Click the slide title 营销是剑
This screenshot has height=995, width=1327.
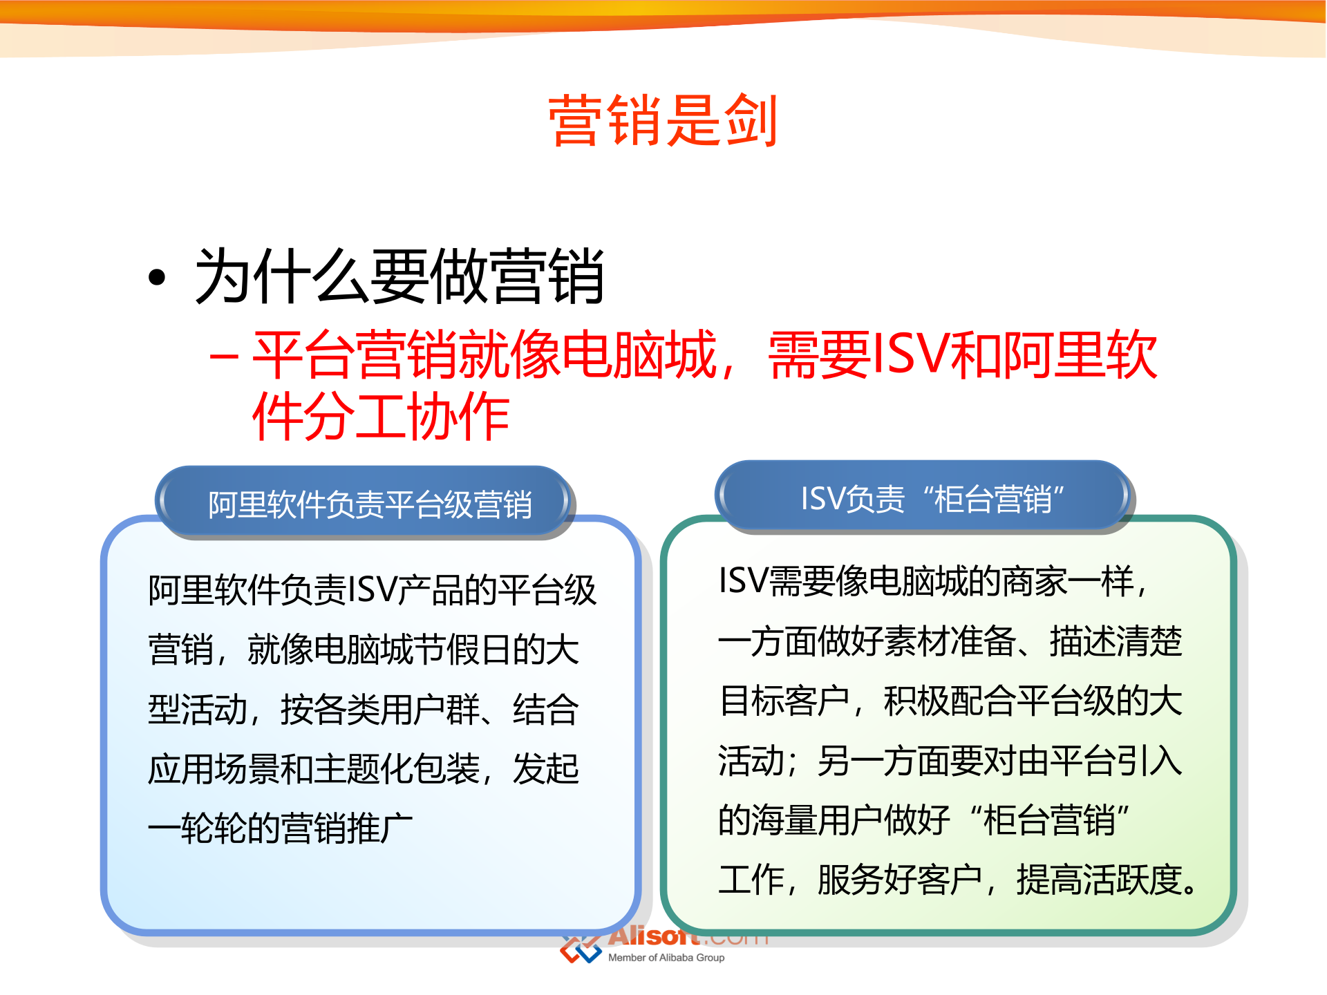pyautogui.click(x=663, y=121)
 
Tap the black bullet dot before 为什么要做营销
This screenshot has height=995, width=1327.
pyautogui.click(x=157, y=278)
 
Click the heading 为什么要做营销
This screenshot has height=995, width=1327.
pyautogui.click(x=399, y=276)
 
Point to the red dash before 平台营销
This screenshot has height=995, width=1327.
pyautogui.click(x=224, y=357)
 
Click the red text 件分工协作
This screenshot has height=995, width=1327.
pyautogui.click(x=381, y=416)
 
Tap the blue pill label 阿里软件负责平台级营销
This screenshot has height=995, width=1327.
pyautogui.click(x=370, y=504)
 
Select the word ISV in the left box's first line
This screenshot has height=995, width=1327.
pyautogui.click(x=373, y=590)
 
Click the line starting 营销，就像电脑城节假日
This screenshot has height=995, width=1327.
pyautogui.click(x=363, y=650)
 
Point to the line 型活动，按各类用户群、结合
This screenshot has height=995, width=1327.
pyautogui.click(x=363, y=710)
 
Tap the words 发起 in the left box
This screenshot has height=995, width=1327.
pyautogui.click(x=545, y=768)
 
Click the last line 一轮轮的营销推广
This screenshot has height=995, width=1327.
pyautogui.click(x=280, y=828)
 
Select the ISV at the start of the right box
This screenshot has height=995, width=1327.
pyautogui.click(x=742, y=580)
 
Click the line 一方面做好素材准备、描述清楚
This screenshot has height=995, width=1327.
pyautogui.click(x=950, y=641)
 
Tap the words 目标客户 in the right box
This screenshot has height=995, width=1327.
pyautogui.click(x=784, y=701)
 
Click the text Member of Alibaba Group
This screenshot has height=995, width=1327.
pyautogui.click(x=666, y=958)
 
